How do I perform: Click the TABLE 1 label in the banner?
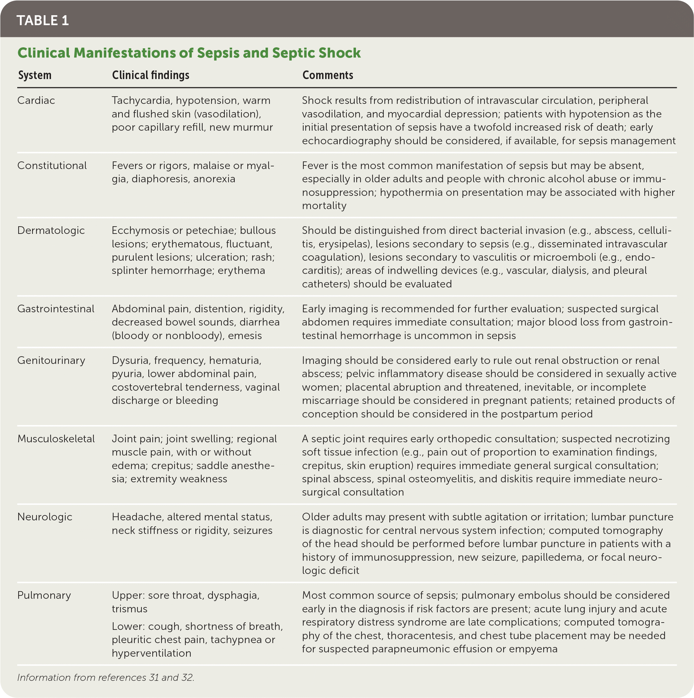(x=43, y=20)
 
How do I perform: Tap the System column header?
(x=35, y=75)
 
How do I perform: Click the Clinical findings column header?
(x=150, y=75)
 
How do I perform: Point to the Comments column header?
(x=328, y=75)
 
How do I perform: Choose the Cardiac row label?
(x=36, y=101)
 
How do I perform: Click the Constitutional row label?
(x=52, y=165)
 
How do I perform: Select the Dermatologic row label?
(x=51, y=231)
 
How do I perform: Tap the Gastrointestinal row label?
(x=56, y=309)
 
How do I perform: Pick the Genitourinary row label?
(x=51, y=361)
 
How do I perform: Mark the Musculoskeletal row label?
(x=56, y=439)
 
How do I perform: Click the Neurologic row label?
(x=45, y=517)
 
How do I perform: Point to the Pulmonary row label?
(x=44, y=595)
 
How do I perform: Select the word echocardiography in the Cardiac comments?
(x=346, y=141)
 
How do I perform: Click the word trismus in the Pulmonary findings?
(x=129, y=609)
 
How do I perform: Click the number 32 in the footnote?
(x=187, y=677)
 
